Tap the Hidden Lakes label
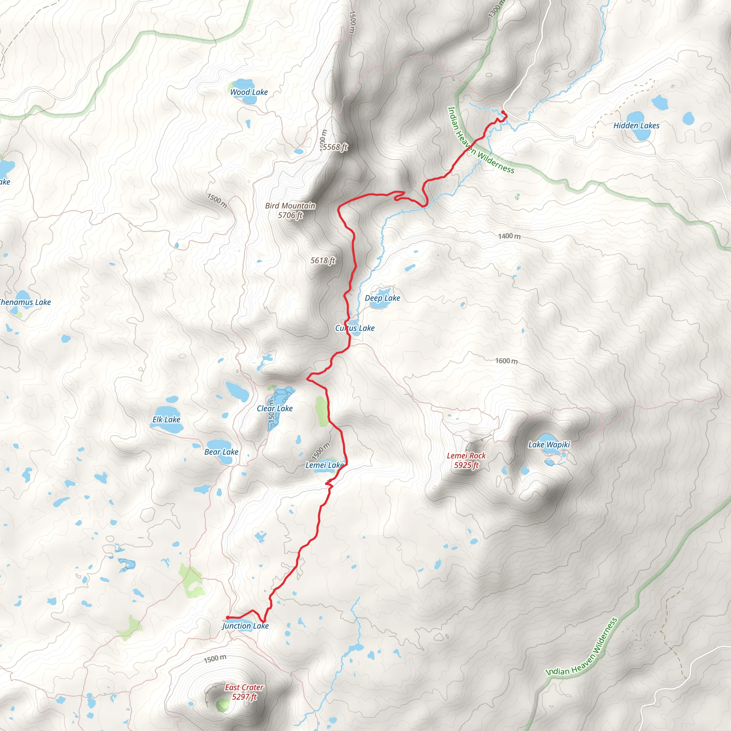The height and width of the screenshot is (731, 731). click(636, 126)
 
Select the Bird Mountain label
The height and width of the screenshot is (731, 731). click(290, 206)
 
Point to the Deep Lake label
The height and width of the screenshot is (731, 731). click(382, 298)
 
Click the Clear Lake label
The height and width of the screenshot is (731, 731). click(275, 409)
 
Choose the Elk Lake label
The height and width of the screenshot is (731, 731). click(166, 420)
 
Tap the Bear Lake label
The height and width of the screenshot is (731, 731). click(221, 452)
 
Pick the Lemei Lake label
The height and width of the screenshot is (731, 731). click(324, 465)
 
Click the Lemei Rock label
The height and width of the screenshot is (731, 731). click(466, 456)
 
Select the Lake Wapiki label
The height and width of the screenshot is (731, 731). click(549, 445)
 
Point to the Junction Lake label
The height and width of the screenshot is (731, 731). click(246, 626)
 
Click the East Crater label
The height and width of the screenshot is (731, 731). click(244, 687)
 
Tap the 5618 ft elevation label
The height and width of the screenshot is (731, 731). click(323, 260)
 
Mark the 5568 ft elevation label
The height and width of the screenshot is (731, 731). click(335, 147)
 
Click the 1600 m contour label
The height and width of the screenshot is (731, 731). click(506, 361)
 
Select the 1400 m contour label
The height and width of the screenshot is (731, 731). click(509, 236)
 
